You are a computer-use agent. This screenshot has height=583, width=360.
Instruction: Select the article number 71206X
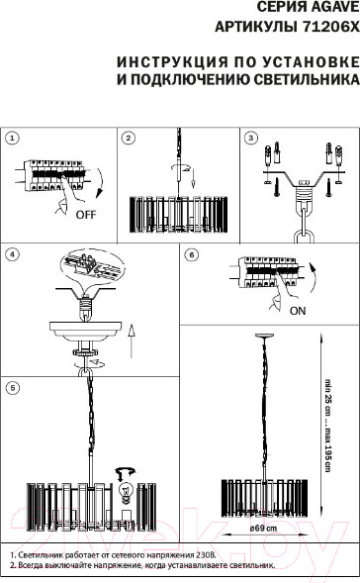[331, 27]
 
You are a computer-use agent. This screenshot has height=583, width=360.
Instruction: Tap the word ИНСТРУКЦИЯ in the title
[172, 62]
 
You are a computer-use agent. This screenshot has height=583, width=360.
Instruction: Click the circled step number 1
[12, 139]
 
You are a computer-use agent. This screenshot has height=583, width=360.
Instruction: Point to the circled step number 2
[129, 139]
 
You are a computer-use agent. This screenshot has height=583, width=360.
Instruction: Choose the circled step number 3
[251, 139]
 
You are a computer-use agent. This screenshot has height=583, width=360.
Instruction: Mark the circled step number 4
[12, 254]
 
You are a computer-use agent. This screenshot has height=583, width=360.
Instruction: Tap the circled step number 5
[12, 388]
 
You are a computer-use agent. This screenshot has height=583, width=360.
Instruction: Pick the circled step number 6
[192, 254]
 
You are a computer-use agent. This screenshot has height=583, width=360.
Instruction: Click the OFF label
[86, 215]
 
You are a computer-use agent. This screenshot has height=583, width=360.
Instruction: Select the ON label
[298, 311]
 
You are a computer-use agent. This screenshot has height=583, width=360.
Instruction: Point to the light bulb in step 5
[127, 493]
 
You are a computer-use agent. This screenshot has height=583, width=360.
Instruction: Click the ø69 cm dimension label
[263, 529]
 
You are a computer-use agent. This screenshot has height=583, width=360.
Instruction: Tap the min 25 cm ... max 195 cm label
[327, 426]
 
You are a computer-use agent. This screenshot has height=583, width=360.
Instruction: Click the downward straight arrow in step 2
[194, 179]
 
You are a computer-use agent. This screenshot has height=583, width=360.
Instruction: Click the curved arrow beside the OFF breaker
[98, 183]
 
